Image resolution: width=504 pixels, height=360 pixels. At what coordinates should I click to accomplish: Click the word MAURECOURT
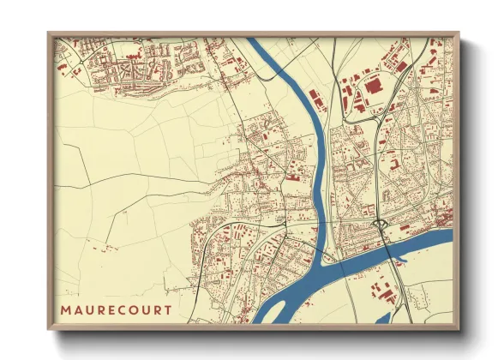coord(116,309)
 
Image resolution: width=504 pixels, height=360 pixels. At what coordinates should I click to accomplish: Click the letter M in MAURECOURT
coord(66,309)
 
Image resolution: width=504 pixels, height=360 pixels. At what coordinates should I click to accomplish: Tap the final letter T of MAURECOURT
coord(167,309)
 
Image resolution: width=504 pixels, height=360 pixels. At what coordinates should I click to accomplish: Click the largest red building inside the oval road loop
coord(373,85)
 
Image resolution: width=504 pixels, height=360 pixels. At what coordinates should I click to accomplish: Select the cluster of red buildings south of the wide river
coord(381,296)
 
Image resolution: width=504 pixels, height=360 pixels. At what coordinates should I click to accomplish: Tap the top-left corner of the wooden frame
coord(50,34)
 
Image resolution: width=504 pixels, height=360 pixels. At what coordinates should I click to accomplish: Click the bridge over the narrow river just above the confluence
coord(318,225)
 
